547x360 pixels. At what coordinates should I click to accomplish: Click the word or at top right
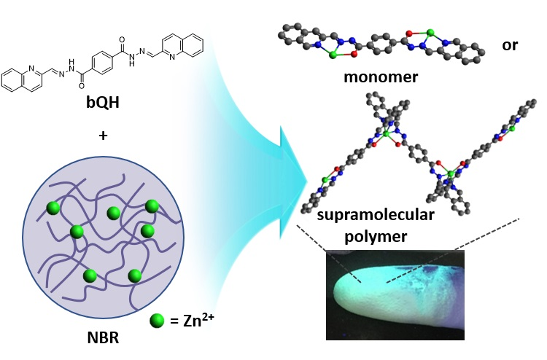tap(510, 44)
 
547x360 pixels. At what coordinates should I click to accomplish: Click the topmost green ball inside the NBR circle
tap(152, 206)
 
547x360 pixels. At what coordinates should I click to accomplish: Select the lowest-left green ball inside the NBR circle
tap(90, 275)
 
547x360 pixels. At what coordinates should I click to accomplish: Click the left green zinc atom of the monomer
tap(335, 53)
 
